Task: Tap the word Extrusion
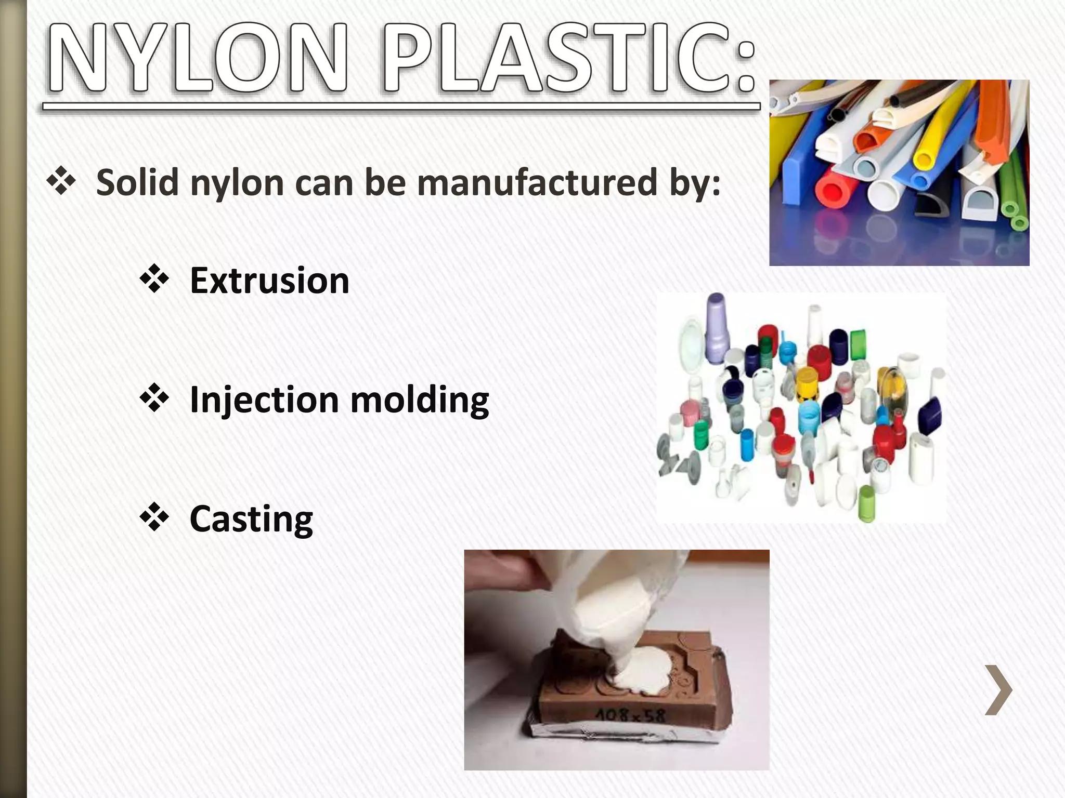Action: click(x=269, y=281)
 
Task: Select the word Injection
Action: click(x=264, y=400)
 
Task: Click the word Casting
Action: click(x=251, y=519)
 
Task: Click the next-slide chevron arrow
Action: click(x=998, y=690)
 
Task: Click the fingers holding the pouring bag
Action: click(x=504, y=571)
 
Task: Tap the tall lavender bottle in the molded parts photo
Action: click(x=716, y=327)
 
